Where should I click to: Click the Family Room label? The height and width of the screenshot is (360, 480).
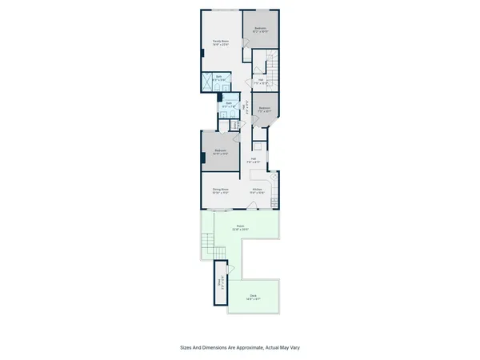221,42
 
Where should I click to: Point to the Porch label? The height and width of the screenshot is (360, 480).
240,228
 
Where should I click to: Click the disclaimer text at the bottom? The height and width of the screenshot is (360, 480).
240,347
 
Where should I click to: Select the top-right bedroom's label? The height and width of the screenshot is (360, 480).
260,30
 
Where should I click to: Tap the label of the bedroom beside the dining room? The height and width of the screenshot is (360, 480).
220,152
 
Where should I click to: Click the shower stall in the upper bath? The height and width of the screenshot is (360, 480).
207,79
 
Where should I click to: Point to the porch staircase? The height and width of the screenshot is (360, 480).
209,245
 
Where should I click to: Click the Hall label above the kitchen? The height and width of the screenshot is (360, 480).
254,160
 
